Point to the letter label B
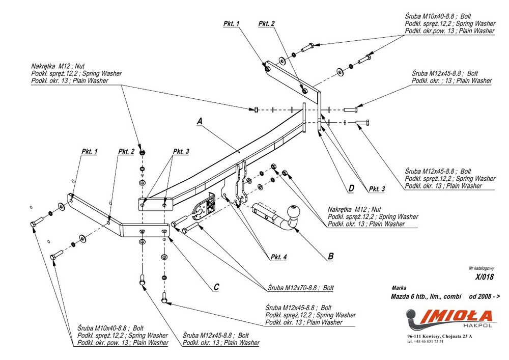click(x=330, y=257)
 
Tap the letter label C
click(x=216, y=287)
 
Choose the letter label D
click(x=351, y=188)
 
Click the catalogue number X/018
click(x=485, y=277)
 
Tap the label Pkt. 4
click(x=279, y=257)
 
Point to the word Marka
click(x=400, y=288)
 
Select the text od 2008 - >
click(x=485, y=296)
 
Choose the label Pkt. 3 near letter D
click(x=377, y=189)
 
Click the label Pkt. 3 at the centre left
click(x=181, y=151)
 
